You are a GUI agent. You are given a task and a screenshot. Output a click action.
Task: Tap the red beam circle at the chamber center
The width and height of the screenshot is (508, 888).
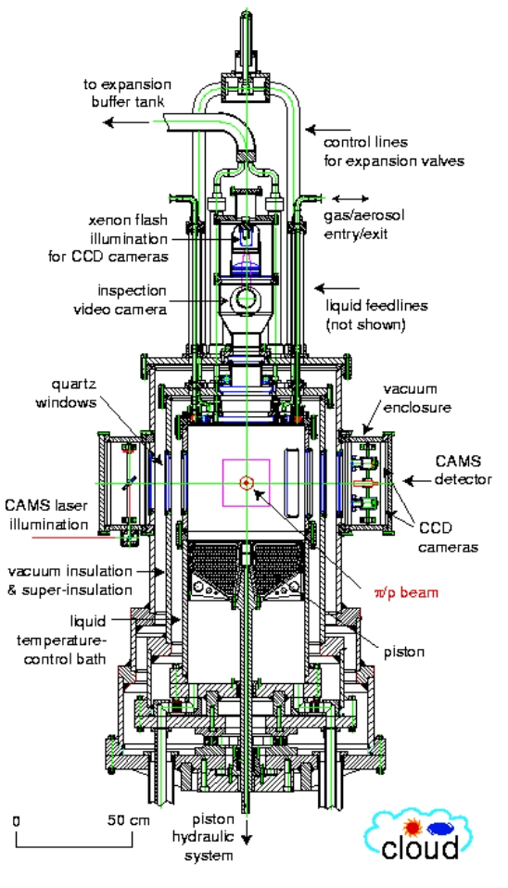246,482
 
